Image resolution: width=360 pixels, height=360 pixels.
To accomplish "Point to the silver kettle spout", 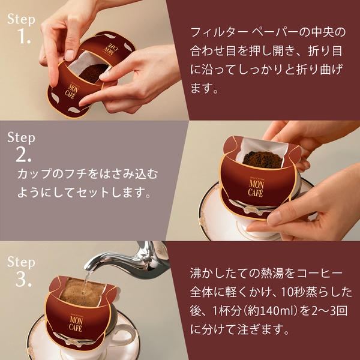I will [x=105, y=260].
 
